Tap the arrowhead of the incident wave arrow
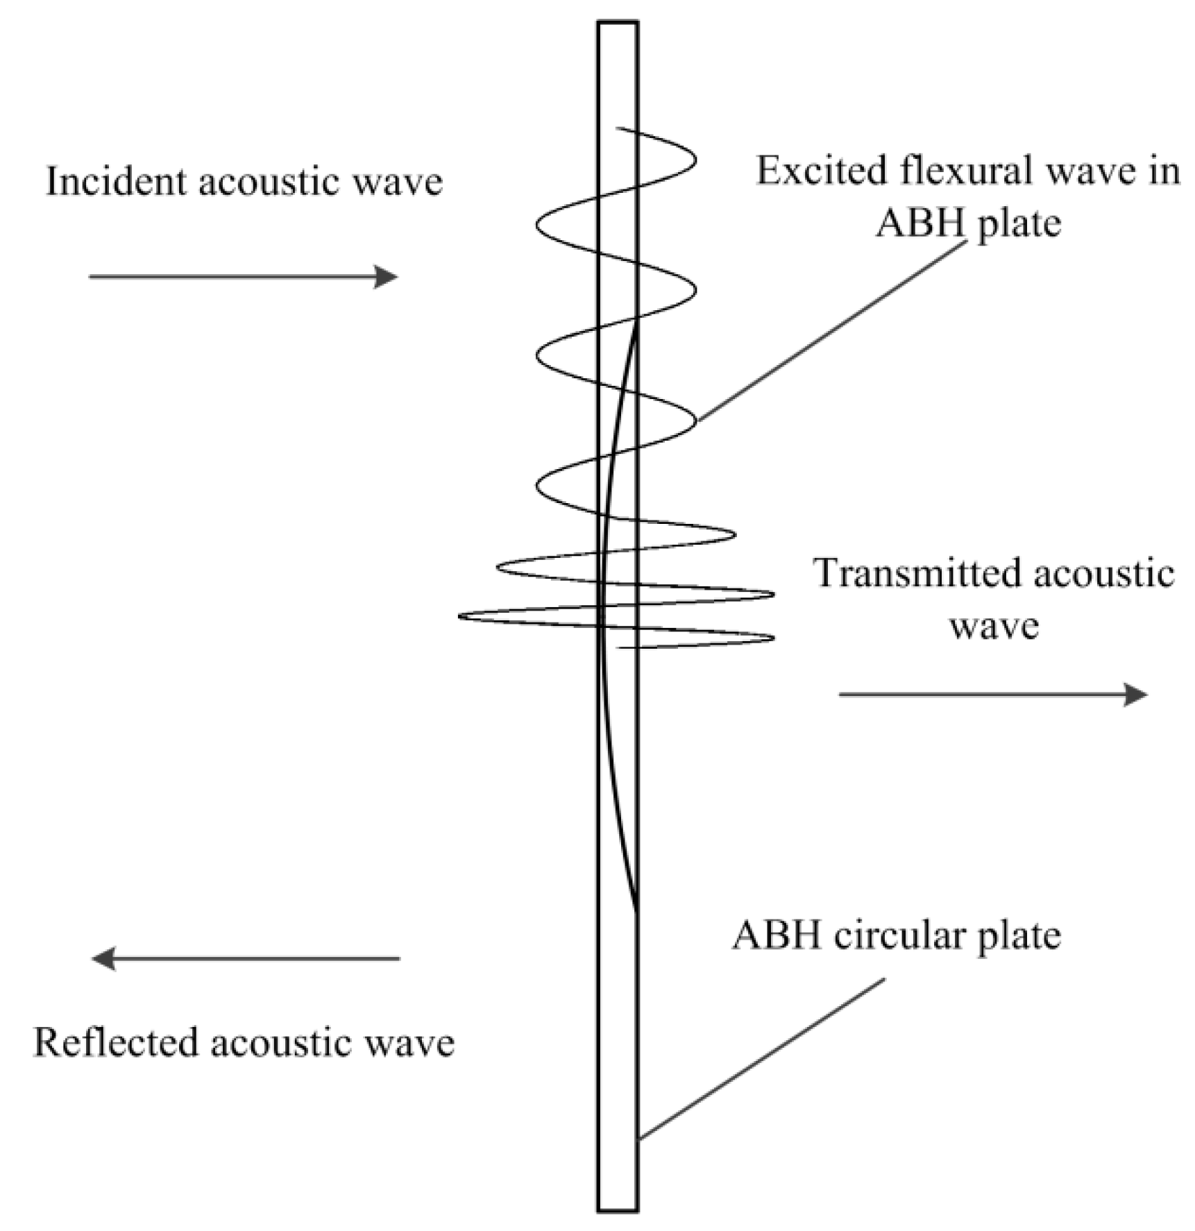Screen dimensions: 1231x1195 pyautogui.click(x=387, y=277)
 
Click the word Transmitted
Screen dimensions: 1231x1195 pyautogui.click(x=916, y=574)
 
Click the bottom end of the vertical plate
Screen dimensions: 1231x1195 pyautogui.click(x=618, y=1209)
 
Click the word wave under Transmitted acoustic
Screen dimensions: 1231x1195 pyautogui.click(x=994, y=626)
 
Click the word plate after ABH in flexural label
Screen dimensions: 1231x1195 pyautogui.click(x=1018, y=223)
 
